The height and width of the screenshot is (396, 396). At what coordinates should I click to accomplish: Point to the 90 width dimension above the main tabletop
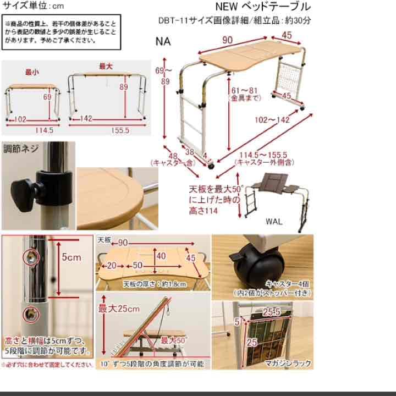[227, 41]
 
